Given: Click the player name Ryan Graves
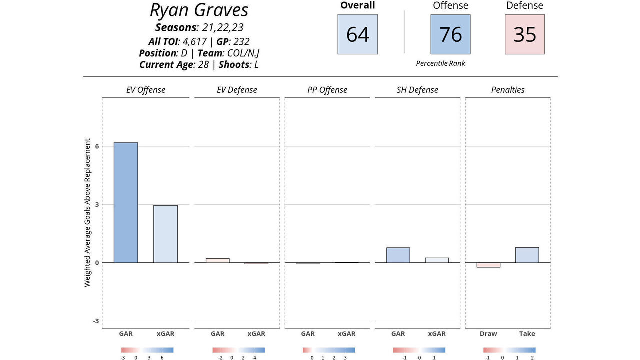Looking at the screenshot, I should pos(199,10).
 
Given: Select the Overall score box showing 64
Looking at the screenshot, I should pos(357,34).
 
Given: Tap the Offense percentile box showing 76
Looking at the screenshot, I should pos(450,34).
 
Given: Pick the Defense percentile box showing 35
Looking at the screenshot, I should pos(524,34).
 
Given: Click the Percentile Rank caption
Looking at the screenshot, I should pos(440,63).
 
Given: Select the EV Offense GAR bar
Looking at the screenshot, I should pos(126,203).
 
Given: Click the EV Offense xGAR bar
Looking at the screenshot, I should pos(165,234).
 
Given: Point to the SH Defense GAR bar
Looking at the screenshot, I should pos(398,255).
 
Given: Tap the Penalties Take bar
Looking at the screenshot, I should pos(527,255).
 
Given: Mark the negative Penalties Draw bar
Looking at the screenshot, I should pos(488,265).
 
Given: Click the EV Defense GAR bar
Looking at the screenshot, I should pos(217,260).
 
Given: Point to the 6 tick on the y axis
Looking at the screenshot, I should pos(97,146).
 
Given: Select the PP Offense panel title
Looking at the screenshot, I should pos(327,90).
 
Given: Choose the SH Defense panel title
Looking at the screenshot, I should pos(418,90).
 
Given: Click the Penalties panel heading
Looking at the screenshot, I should pos(508,90).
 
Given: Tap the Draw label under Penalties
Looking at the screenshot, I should pos(488,334).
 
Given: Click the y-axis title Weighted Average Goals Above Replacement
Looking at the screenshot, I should pos(88,213).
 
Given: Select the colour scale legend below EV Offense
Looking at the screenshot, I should pos(147,350).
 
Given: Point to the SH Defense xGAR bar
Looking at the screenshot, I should pos(437,260).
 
